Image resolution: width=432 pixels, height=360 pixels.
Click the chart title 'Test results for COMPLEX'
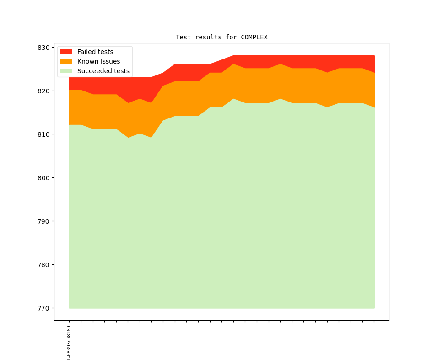tap(221, 37)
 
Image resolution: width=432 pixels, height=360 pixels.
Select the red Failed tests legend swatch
tap(66, 52)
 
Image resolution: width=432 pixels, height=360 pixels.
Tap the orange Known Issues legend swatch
tap(66, 61)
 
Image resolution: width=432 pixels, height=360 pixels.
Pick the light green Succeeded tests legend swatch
tap(66, 71)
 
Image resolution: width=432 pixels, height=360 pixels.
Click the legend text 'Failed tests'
tap(95, 52)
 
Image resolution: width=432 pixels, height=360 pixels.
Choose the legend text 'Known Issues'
tap(98, 61)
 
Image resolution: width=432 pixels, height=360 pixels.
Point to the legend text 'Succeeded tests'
tap(103, 71)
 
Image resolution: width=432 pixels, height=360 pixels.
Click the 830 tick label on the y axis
tap(44, 48)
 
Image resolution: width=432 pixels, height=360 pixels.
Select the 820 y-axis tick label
tap(44, 91)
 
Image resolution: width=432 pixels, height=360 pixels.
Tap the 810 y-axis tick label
tap(44, 134)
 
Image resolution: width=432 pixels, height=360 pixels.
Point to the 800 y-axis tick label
tap(44, 178)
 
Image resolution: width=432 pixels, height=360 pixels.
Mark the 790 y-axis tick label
tap(44, 221)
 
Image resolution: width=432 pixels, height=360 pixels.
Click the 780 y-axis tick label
tap(44, 265)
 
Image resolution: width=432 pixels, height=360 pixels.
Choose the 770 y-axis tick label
tap(44, 308)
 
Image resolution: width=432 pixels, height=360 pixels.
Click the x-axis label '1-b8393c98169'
tap(69, 343)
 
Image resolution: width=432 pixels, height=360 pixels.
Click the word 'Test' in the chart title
tap(183, 37)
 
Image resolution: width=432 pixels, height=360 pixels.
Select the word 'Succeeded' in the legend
tap(93, 71)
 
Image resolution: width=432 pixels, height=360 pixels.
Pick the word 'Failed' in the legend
tap(86, 52)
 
